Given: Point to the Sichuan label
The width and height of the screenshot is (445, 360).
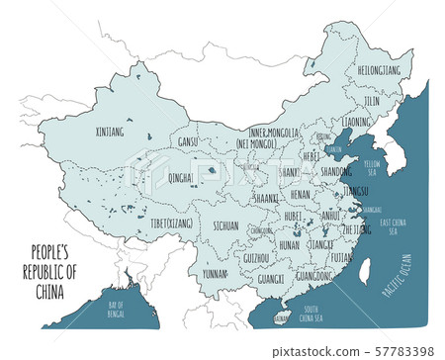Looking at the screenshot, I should [x=224, y=225].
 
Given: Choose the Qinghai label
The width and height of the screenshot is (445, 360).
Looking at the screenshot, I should [x=181, y=179].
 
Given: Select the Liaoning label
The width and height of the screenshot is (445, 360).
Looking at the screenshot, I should [x=357, y=122].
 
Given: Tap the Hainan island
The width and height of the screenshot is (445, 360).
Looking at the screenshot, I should [x=282, y=318].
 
